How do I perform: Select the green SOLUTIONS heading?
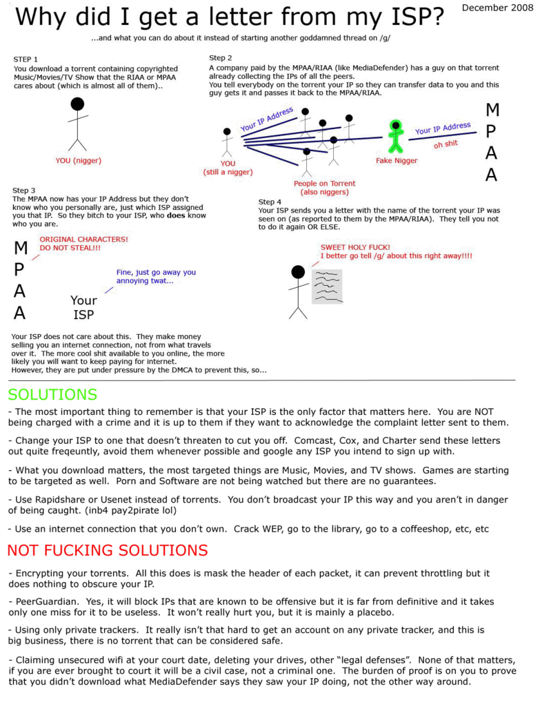click(52, 395)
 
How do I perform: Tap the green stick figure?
click(395, 137)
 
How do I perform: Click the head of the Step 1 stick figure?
click(78, 104)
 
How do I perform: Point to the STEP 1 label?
click(26, 59)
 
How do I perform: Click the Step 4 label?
click(270, 202)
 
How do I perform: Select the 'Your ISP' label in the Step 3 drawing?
click(83, 308)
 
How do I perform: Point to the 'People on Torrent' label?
click(324, 184)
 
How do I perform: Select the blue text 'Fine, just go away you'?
click(156, 272)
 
